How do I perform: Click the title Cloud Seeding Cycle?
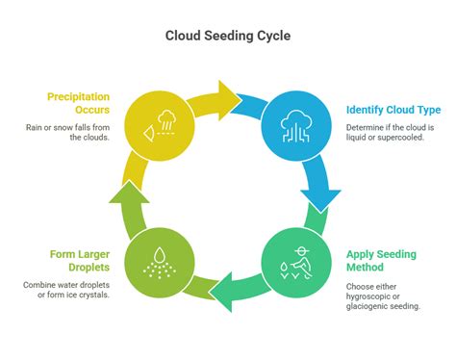(x=227, y=38)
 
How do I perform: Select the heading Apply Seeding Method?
(x=381, y=261)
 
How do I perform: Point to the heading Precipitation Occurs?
(x=78, y=103)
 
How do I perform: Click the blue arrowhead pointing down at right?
(x=321, y=199)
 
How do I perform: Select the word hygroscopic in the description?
(x=372, y=296)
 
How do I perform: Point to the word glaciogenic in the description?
(x=373, y=307)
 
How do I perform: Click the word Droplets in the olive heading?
(x=79, y=268)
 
